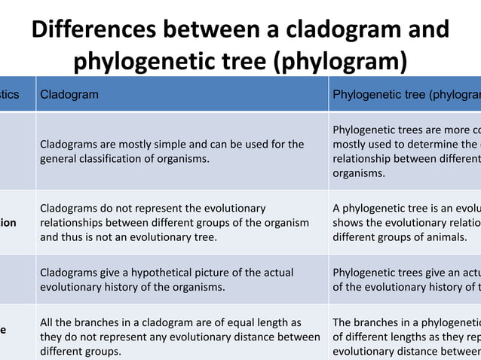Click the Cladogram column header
[69, 95]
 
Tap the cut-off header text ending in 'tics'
[10, 95]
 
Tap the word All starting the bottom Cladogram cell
[47, 322]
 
